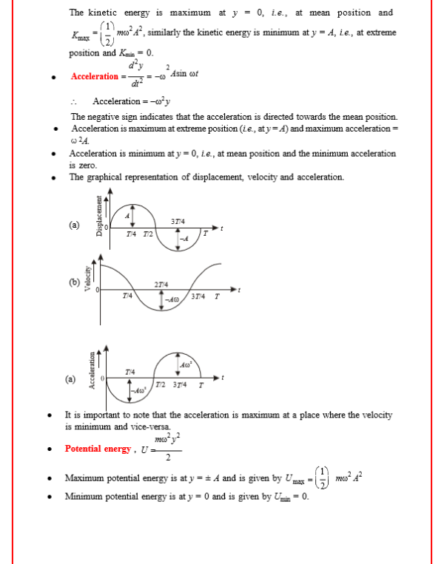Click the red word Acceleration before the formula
point(95,77)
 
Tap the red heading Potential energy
point(98,449)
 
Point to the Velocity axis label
point(87,279)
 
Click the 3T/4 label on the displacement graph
point(178,222)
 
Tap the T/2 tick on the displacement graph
point(148,234)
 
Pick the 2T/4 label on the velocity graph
point(161,285)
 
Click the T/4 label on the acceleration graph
point(131,371)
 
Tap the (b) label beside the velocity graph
point(74,282)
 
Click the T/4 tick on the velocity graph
point(127,296)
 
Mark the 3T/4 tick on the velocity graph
point(197,297)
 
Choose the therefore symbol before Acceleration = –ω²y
point(75,102)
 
